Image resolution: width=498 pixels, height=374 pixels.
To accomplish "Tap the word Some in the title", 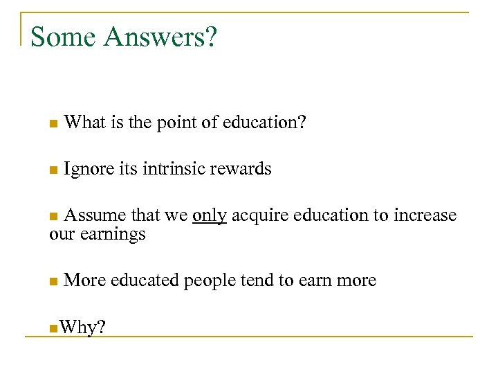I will click(65, 37).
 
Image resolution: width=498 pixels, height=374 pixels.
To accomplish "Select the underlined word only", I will click(210, 215).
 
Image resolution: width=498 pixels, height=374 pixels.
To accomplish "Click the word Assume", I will click(93, 215).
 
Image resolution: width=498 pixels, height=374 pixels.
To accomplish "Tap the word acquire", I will click(260, 216).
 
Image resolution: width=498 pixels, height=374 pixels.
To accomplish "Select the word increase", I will click(425, 215).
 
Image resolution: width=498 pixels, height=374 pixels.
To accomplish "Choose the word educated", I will click(144, 280).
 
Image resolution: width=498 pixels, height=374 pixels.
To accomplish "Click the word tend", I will click(256, 280).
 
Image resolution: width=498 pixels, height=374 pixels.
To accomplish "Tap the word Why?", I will click(82, 328).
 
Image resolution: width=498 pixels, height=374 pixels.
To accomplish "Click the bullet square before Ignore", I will click(53, 169).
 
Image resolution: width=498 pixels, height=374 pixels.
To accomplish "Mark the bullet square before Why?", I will click(53, 327).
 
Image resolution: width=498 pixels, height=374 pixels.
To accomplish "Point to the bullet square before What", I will click(53, 123).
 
